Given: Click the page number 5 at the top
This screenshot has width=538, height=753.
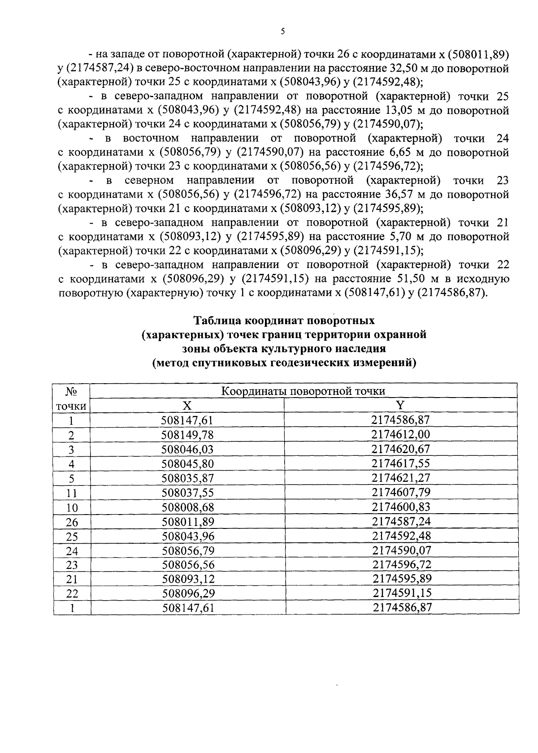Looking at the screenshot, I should click(282, 31).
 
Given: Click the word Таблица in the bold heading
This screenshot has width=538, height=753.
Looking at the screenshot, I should click(217, 321).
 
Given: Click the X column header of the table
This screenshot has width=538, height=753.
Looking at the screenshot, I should click(187, 405).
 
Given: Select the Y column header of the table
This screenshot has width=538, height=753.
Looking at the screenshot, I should click(400, 405).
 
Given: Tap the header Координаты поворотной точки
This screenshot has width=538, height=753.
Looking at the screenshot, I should click(304, 391).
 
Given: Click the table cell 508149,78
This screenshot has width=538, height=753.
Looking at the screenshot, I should click(187, 435).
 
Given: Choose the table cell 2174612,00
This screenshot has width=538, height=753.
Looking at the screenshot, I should click(400, 434).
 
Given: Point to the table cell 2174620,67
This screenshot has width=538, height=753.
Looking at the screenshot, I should click(400, 449).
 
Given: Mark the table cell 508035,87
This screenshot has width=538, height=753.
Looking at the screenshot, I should click(187, 478).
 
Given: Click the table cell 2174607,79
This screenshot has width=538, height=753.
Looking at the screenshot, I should click(400, 492).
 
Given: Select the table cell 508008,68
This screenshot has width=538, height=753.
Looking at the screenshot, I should click(187, 507).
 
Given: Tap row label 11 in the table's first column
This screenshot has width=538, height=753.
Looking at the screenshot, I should click(72, 493).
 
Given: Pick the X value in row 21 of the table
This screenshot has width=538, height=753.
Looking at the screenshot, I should click(187, 579).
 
